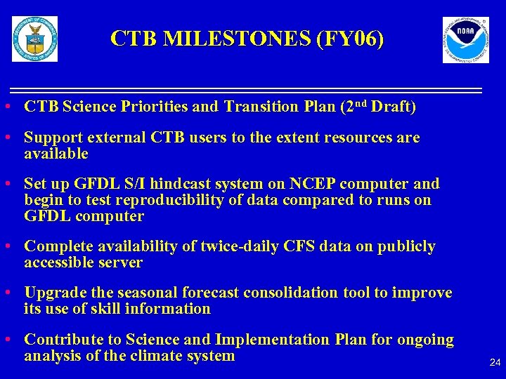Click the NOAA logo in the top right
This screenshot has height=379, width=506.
point(465,40)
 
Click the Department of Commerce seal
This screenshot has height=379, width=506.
point(34,39)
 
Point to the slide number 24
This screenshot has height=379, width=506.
point(495,363)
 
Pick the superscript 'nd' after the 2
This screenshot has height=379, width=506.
point(358,104)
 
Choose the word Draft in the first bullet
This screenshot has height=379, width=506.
point(393,107)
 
